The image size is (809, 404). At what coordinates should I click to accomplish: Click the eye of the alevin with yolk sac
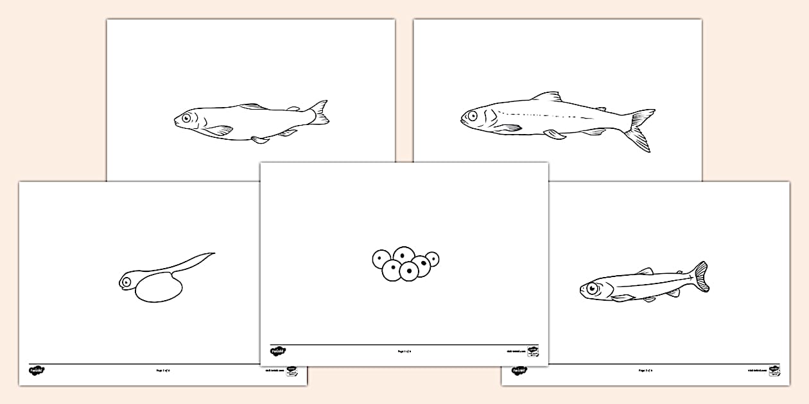(x=126, y=281)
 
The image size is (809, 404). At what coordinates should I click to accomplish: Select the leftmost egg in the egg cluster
(x=381, y=260)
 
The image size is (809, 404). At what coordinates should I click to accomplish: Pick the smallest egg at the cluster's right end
(x=432, y=258)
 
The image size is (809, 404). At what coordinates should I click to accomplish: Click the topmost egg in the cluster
(x=404, y=255)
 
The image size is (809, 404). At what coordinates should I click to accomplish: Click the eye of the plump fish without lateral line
(x=186, y=118)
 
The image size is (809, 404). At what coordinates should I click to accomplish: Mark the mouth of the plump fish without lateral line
(x=175, y=120)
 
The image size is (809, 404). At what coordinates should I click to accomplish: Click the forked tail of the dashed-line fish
(x=639, y=128)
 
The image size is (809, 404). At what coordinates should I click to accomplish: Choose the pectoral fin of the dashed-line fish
(x=510, y=128)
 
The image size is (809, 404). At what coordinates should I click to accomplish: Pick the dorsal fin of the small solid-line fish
(x=645, y=271)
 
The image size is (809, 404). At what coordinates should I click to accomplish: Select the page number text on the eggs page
(x=404, y=351)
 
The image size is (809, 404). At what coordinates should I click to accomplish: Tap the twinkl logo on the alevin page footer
(x=36, y=370)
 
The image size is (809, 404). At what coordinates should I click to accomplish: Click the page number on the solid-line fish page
(x=645, y=370)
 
